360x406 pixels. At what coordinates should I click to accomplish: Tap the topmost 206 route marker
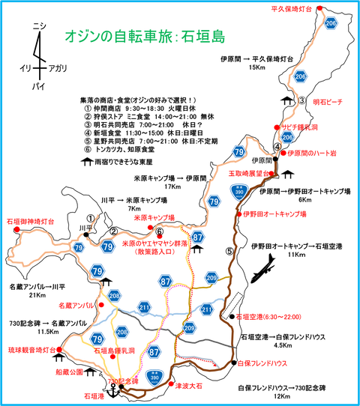point(331,24)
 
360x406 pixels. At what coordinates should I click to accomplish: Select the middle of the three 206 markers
point(301,76)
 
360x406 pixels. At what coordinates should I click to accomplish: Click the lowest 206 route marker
point(287,137)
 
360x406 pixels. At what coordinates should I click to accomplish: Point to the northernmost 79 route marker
point(238,152)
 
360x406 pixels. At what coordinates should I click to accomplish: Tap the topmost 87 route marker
point(198,236)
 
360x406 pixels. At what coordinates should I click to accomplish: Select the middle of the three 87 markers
point(165,280)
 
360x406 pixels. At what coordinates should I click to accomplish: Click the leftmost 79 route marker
point(79,246)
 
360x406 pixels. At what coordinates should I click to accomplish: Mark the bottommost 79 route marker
point(97,339)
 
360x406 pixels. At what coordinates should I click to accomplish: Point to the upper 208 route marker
point(114,295)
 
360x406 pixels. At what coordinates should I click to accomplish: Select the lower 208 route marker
point(123,330)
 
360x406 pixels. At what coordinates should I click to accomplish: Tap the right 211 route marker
point(208,308)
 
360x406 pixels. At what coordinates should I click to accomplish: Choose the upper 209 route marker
point(211,278)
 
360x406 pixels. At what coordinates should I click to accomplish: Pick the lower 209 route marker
point(190,327)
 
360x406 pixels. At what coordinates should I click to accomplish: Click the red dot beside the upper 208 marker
point(100,305)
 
